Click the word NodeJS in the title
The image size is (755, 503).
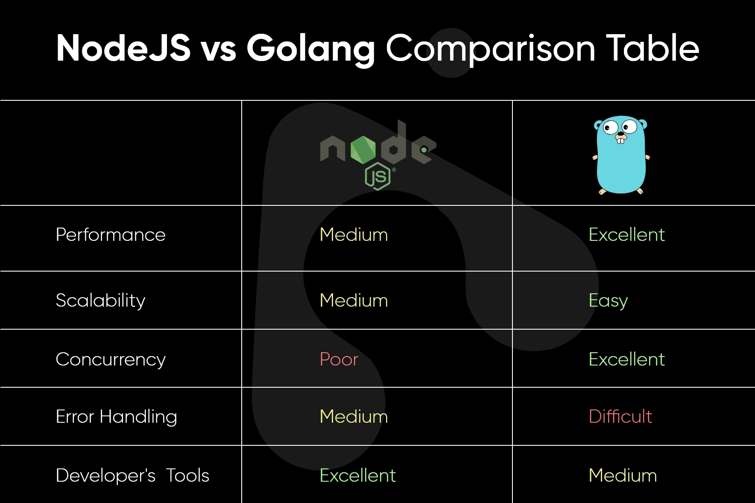123,48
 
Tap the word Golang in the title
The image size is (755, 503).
310,49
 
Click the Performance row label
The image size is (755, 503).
111,235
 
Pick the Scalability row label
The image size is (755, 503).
100,301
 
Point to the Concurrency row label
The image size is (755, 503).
111,360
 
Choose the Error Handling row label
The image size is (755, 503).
116,417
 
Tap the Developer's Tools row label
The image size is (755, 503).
132,475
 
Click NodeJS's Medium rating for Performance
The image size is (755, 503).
354,235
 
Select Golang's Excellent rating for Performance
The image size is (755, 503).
626,235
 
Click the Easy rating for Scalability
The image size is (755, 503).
608,301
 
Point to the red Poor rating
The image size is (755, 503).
339,360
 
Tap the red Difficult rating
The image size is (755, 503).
620,416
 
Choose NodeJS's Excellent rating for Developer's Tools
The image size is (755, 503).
357,475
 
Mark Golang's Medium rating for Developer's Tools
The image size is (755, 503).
623,475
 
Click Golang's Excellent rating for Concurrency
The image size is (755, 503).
626,360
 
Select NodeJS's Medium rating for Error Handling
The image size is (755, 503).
354,416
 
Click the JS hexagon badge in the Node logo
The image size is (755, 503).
377,176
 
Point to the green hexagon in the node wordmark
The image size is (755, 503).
363,149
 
